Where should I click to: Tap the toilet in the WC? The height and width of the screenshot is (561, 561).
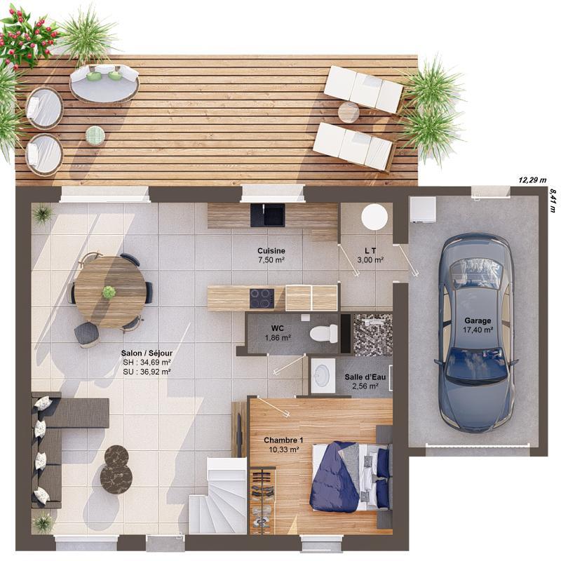(323, 332)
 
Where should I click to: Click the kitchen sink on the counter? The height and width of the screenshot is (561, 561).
(267, 215)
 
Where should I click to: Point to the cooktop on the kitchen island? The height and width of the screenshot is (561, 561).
(262, 298)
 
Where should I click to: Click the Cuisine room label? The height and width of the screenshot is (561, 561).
(271, 250)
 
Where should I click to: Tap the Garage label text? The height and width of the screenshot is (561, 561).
(478, 320)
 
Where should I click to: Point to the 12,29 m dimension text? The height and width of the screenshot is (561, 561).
(532, 180)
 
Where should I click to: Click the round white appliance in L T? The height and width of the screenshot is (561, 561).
(374, 217)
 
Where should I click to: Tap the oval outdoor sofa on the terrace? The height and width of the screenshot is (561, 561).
(104, 82)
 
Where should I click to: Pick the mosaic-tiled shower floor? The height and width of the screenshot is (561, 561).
(372, 335)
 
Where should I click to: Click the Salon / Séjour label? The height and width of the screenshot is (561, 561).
(147, 353)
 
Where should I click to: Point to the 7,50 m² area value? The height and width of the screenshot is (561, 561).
(271, 260)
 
